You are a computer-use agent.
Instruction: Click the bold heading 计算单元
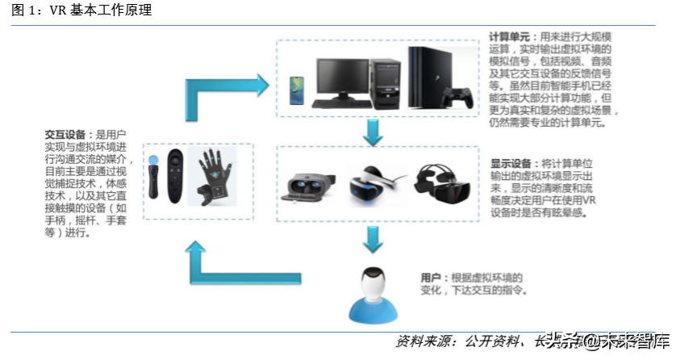(509, 37)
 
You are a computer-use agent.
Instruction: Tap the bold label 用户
(431, 278)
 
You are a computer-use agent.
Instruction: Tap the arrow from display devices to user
(371, 239)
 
